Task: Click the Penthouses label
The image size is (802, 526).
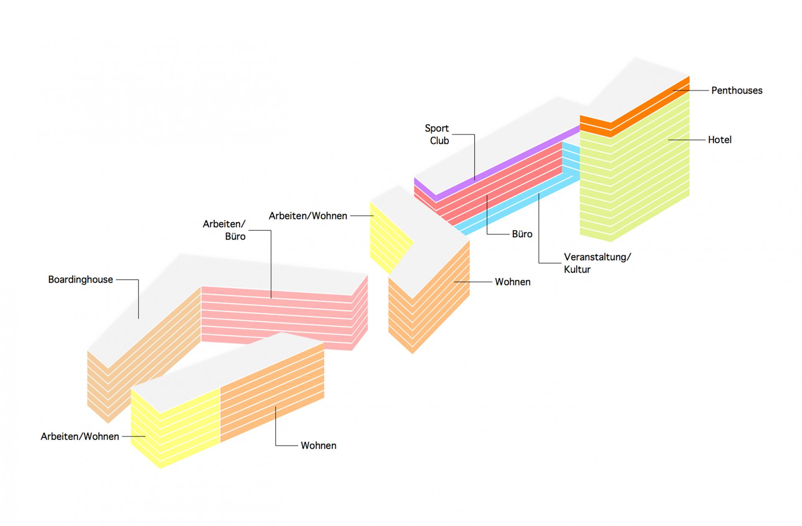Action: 736,90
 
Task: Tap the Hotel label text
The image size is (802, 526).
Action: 719,140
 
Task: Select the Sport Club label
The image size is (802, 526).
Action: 437,135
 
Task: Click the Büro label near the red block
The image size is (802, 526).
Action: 522,234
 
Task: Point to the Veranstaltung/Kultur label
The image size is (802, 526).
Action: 597,263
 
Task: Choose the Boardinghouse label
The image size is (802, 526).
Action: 81,280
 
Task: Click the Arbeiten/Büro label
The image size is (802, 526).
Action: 224,230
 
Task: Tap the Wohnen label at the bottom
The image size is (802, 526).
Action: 318,446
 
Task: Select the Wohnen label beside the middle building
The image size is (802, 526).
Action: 513,282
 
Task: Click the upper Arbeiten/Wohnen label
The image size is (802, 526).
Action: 308,216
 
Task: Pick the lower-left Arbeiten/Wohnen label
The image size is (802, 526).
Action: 80,437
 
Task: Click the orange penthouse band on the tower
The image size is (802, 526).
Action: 647,105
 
